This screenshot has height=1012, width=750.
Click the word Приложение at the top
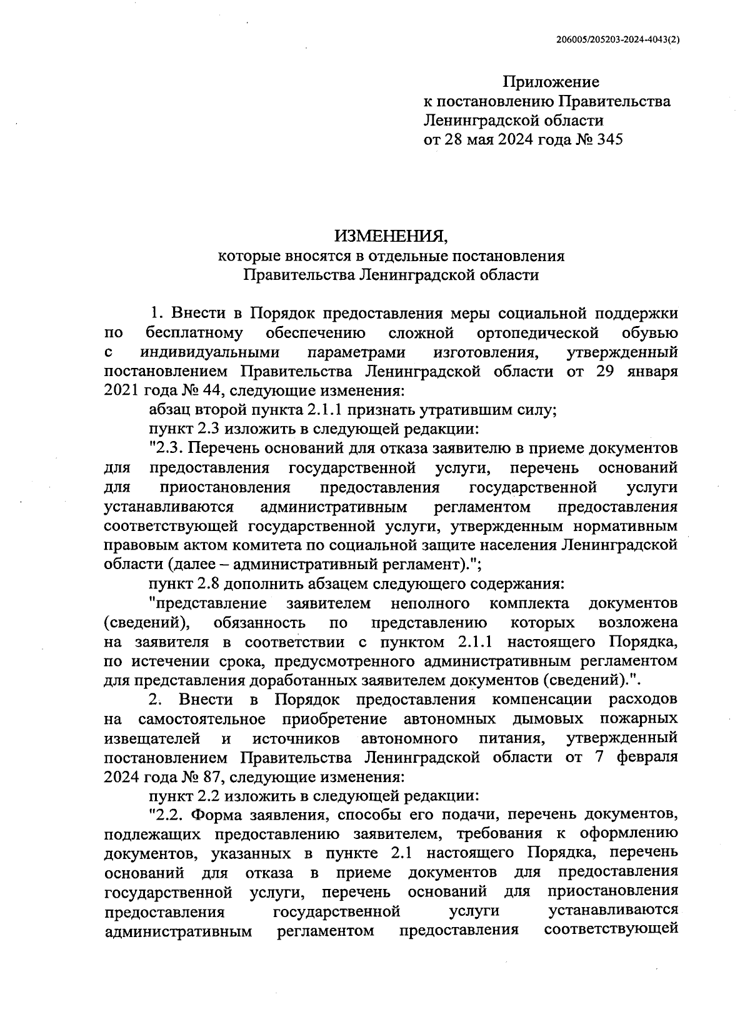[x=551, y=82]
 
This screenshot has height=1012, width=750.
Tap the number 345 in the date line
[x=609, y=139]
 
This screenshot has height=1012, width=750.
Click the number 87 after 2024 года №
[x=199, y=777]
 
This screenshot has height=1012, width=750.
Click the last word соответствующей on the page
[x=611, y=930]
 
